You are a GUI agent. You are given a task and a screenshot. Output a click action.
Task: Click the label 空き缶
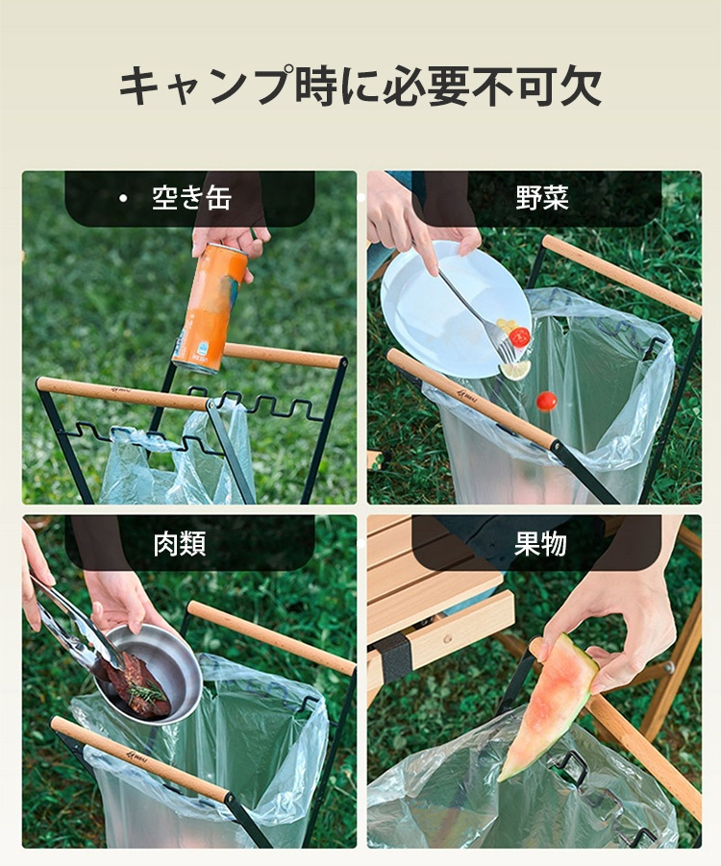(191, 198)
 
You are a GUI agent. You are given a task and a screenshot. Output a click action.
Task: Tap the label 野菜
(541, 198)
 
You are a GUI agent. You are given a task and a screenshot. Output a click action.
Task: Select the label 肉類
(180, 543)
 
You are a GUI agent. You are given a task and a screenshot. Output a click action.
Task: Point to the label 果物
(540, 543)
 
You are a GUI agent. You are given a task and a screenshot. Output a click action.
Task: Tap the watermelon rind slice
(547, 707)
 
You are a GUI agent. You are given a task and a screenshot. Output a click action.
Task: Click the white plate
(456, 309)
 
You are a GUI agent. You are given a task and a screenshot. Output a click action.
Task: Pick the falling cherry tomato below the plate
(546, 402)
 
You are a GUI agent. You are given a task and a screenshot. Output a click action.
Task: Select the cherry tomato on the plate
(519, 337)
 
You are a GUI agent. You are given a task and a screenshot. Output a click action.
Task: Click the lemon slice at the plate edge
(514, 369)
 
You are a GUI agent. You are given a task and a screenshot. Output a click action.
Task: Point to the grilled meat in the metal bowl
(137, 685)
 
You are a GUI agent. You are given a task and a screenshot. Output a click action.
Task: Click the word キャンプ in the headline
(206, 86)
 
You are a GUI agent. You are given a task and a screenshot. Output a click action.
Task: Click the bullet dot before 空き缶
(123, 198)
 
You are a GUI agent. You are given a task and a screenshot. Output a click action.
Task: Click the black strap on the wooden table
(393, 657)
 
